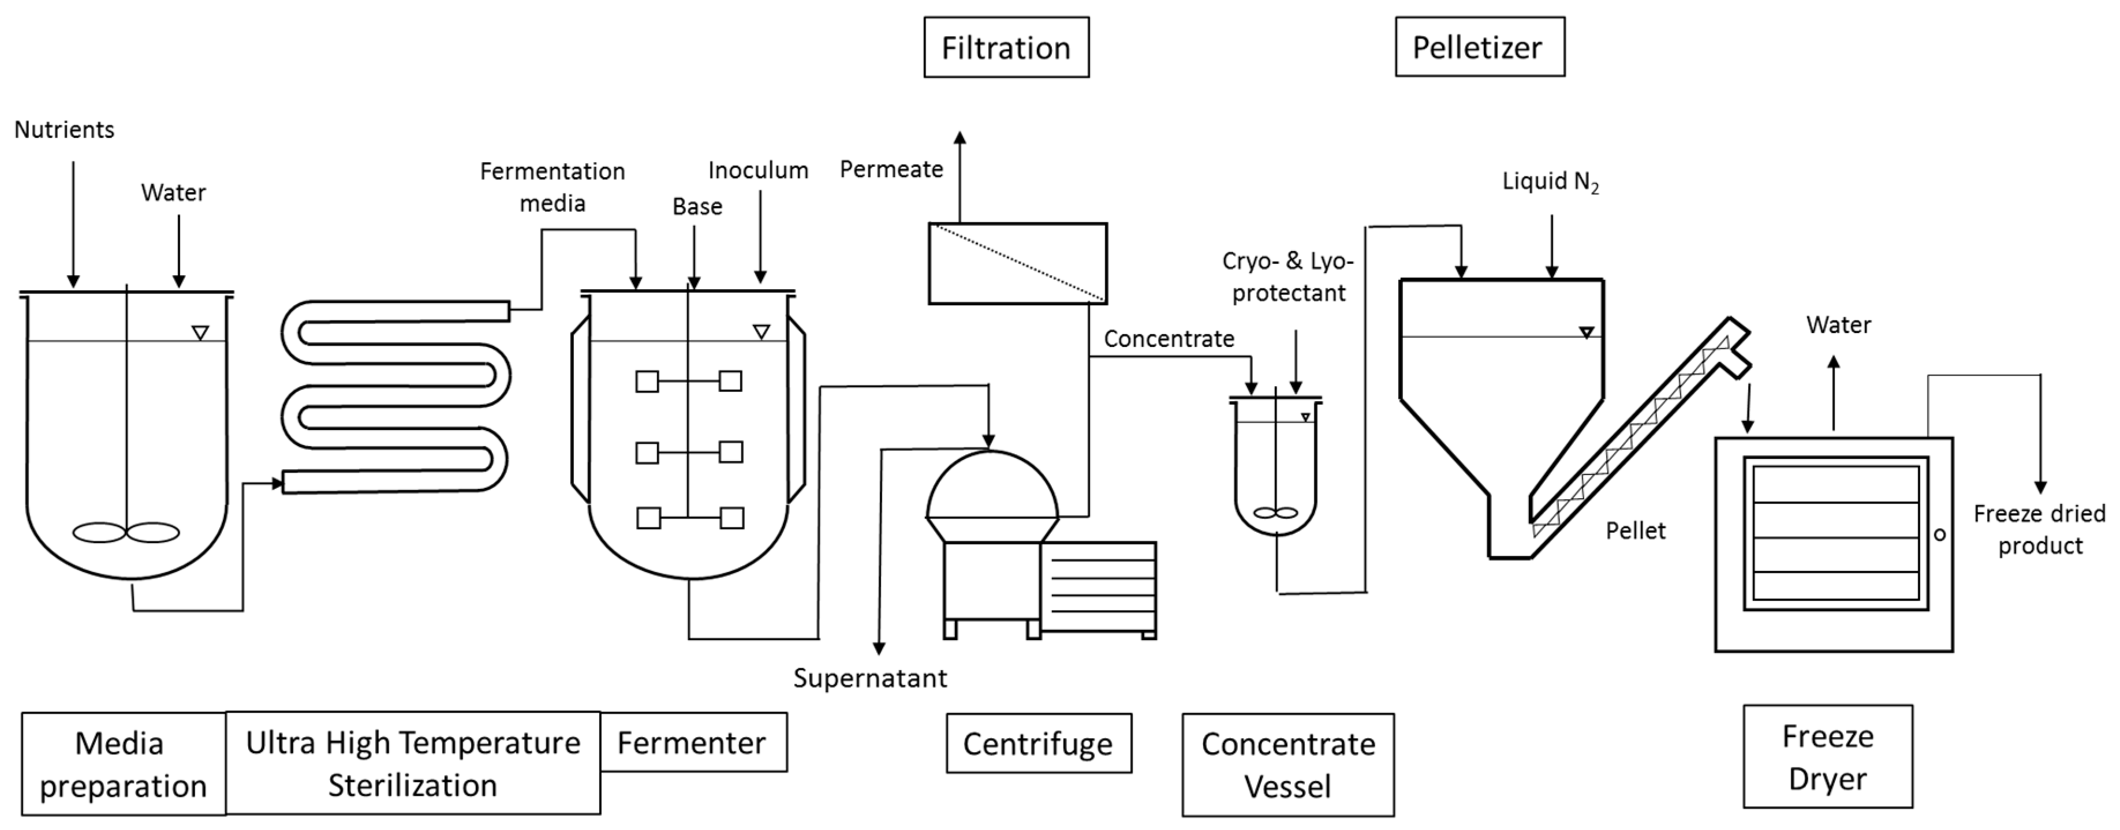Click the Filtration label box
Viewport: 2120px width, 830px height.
(1006, 48)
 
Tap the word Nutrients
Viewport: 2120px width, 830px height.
(64, 130)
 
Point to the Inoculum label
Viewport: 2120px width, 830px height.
(758, 170)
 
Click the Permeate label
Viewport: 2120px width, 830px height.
(891, 170)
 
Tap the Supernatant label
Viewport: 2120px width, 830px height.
(870, 678)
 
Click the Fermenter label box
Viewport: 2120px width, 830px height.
(693, 742)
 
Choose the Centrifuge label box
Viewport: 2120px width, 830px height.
(1038, 743)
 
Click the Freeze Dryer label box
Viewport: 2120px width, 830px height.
(1827, 757)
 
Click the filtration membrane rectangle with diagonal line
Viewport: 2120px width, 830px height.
(1017, 263)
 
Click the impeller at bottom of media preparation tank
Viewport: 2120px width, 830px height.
(126, 532)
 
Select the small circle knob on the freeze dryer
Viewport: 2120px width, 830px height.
(1940, 534)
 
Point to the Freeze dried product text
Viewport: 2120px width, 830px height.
(2039, 530)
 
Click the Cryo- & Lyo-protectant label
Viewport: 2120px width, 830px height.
(1288, 277)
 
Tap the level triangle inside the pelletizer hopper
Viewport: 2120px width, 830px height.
(1586, 332)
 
